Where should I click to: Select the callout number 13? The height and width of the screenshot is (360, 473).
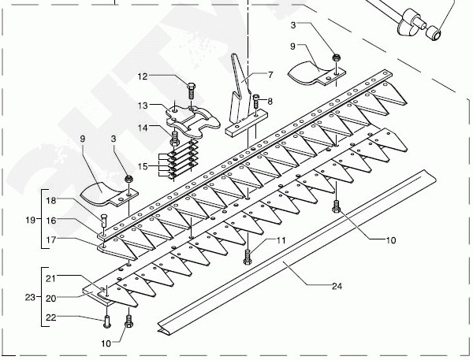point(143,105)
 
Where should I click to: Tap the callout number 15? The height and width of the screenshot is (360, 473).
point(143,166)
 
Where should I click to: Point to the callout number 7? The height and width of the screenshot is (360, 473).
point(270,76)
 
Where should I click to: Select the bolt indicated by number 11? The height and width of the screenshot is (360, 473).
point(248,256)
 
